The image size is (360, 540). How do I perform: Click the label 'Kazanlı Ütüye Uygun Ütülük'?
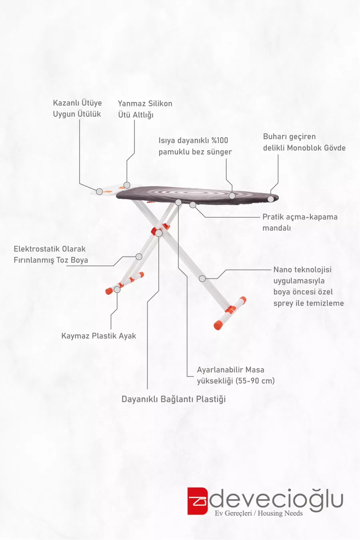click(77, 108)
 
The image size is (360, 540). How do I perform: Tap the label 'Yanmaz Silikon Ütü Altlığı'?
click(145, 109)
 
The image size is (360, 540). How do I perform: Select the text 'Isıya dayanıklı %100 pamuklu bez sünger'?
click(195, 146)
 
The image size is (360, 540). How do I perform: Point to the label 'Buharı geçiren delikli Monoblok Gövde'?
click(304, 142)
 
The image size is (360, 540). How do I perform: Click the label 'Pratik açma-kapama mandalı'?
click(300, 222)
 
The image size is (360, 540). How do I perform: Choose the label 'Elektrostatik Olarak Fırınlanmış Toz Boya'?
click(50, 254)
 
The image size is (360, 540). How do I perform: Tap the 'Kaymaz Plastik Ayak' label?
click(98, 336)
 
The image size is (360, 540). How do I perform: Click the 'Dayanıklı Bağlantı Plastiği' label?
click(174, 399)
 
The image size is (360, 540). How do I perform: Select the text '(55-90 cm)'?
click(255, 381)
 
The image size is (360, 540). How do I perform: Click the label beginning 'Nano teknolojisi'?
click(308, 286)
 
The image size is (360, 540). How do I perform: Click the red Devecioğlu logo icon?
click(198, 501)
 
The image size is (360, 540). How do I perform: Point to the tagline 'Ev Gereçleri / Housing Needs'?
click(258, 513)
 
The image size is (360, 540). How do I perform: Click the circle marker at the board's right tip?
click(271, 199)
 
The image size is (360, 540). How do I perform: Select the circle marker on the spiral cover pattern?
click(232, 196)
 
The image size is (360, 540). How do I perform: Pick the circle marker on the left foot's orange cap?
click(117, 289)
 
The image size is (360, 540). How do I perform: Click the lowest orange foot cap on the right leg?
click(218, 325)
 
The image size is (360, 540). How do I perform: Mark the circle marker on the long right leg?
click(202, 278)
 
